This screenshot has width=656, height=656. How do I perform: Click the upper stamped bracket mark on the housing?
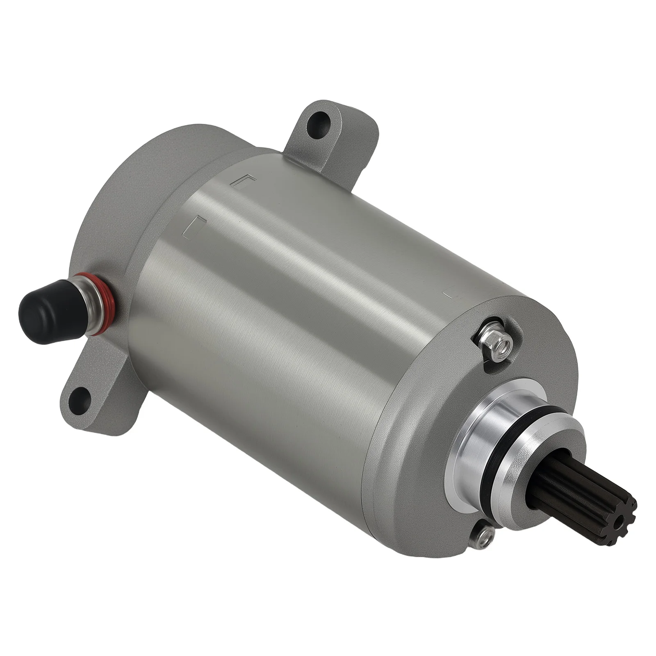(244, 180)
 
